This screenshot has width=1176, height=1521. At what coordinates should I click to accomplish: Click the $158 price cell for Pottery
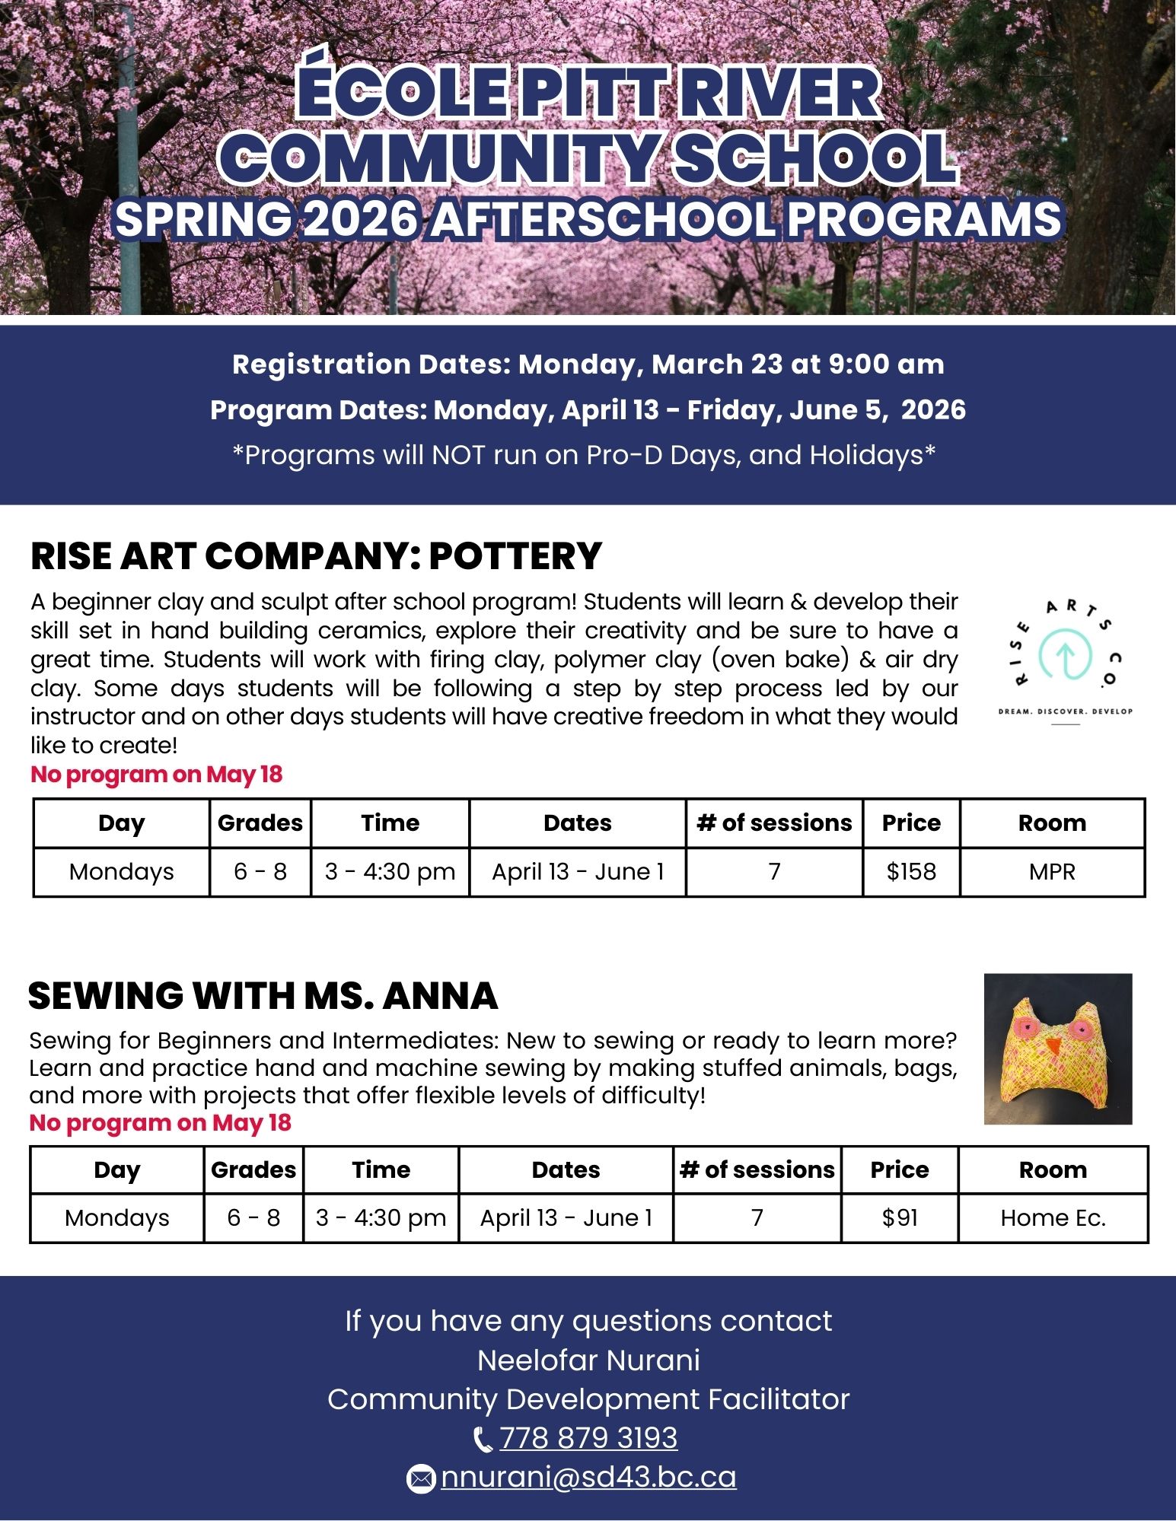click(x=911, y=871)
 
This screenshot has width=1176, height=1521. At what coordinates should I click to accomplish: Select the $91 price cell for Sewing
click(x=900, y=1218)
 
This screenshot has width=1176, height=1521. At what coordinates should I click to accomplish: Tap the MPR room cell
click(x=1052, y=871)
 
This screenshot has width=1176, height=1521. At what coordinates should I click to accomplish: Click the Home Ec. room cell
click(x=1053, y=1218)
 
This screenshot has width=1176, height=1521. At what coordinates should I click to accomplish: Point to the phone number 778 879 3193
click(x=588, y=1438)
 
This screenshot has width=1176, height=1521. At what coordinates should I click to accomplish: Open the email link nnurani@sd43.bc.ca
click(x=588, y=1477)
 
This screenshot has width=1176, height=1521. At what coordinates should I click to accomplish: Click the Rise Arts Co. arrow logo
click(x=1066, y=654)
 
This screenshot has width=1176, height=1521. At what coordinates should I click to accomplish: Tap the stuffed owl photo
click(x=1058, y=1049)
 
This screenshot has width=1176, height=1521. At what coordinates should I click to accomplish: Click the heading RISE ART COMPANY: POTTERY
click(x=316, y=556)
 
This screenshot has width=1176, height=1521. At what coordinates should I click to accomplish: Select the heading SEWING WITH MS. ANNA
click(x=263, y=996)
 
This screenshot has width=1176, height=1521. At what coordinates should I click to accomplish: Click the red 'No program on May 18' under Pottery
click(x=156, y=775)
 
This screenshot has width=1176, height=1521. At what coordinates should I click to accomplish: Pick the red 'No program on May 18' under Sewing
click(x=160, y=1123)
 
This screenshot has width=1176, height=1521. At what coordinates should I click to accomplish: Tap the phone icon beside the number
click(x=483, y=1440)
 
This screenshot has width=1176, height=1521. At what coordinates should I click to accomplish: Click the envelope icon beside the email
click(x=420, y=1478)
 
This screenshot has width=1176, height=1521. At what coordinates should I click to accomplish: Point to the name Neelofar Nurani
click(x=588, y=1360)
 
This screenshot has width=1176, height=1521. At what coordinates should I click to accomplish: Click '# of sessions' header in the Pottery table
click(x=774, y=823)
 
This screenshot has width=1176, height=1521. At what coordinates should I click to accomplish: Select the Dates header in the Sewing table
click(x=566, y=1170)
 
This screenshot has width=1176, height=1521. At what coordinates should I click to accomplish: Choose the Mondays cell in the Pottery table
click(x=121, y=871)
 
